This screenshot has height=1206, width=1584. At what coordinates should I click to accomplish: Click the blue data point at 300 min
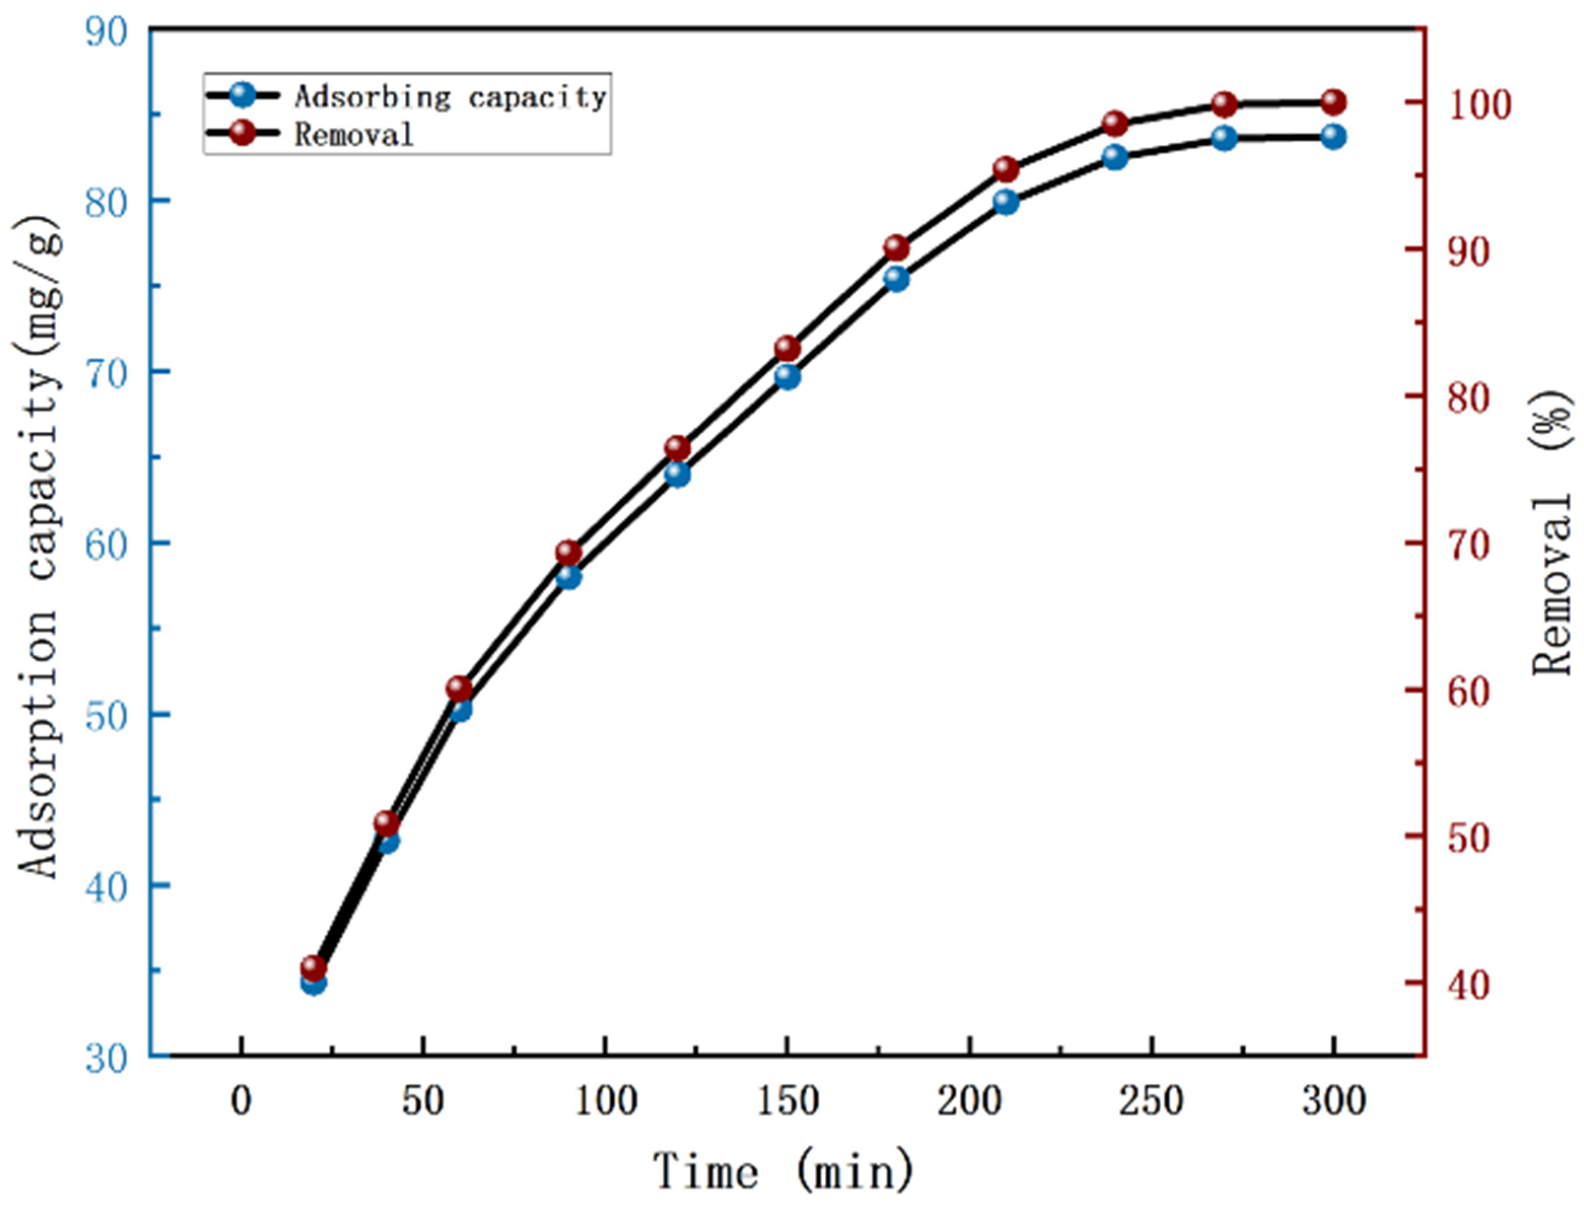pos(1333,136)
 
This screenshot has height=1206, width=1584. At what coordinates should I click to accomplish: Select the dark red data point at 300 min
pos(1333,102)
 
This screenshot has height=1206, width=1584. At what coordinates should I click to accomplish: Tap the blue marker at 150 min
pos(787,376)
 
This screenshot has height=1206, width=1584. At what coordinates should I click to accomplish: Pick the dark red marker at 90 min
pos(569,553)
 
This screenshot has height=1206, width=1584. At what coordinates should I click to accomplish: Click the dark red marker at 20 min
pos(313,968)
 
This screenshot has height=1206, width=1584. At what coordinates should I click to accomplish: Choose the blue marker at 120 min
pos(678,474)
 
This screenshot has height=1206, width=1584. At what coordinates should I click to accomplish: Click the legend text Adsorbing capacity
pos(451,96)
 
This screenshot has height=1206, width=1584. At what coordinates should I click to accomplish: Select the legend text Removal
pos(354,134)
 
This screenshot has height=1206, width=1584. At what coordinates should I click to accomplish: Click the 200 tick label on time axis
pos(969,1101)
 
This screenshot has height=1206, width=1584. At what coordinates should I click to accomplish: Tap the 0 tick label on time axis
pos(241,1101)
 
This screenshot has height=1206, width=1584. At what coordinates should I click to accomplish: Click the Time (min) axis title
pos(783,1170)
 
